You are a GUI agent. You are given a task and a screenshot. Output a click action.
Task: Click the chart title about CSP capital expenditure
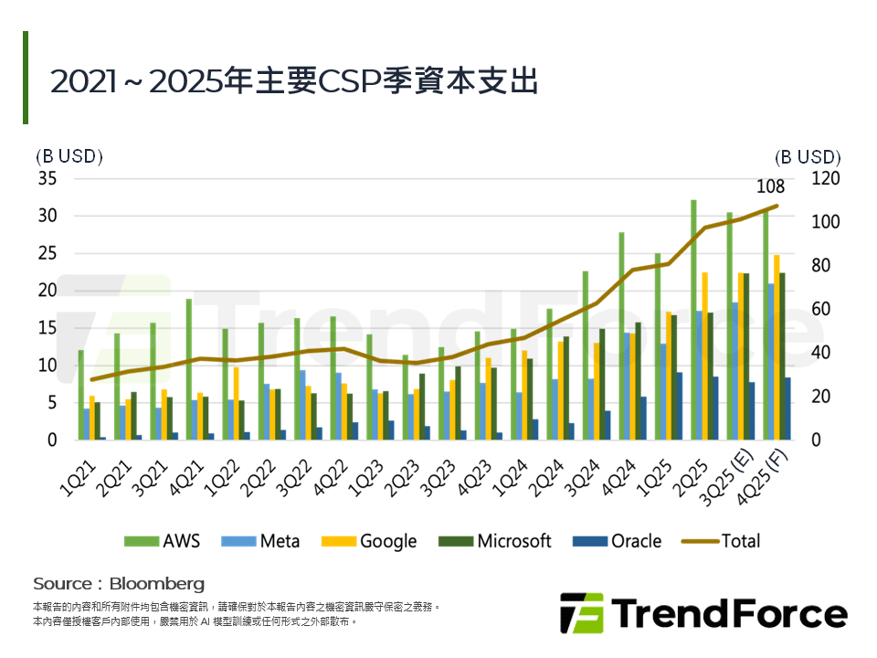[x=294, y=81]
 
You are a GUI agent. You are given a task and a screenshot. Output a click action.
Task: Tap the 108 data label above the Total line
[x=770, y=187]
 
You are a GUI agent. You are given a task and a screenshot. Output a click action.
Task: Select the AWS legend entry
[x=162, y=541]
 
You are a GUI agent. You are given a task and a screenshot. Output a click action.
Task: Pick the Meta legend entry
[x=259, y=541]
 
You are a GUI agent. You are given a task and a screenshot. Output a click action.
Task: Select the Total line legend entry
[x=722, y=541]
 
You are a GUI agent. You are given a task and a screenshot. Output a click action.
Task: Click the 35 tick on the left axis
[x=47, y=178]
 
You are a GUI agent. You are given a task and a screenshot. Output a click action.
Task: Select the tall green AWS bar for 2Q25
[x=693, y=320]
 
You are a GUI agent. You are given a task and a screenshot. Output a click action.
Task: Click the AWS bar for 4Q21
[x=189, y=369]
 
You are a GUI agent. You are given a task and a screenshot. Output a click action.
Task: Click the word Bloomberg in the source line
[x=156, y=583]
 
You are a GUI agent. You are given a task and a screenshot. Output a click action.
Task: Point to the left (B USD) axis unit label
[x=69, y=156]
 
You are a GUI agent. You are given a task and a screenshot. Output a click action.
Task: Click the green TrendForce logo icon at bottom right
[x=581, y=612]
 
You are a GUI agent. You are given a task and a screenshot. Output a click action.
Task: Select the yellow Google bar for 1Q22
[x=236, y=403]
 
